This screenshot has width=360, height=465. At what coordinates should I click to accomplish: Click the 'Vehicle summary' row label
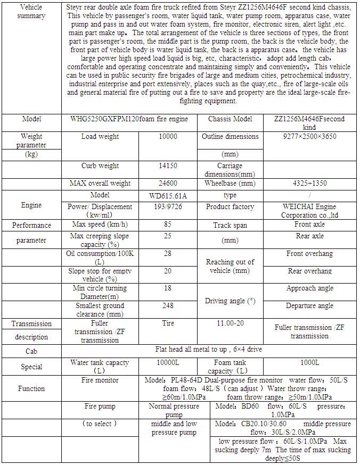31,12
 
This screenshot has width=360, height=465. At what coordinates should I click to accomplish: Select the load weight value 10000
168,137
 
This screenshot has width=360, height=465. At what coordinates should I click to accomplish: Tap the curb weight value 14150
168,166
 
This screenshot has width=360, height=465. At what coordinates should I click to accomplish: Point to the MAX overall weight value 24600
168,184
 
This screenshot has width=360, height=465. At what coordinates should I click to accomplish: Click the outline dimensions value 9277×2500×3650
310,137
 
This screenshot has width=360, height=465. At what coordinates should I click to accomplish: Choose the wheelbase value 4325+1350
310,184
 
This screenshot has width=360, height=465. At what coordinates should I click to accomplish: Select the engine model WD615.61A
168,196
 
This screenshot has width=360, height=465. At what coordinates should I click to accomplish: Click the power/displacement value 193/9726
168,207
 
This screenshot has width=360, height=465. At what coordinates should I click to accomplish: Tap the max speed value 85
168,225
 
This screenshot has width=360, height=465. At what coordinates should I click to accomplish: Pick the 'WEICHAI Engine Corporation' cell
310,211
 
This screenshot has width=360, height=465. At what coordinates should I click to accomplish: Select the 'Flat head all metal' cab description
209,350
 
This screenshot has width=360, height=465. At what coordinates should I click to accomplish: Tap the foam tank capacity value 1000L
310,363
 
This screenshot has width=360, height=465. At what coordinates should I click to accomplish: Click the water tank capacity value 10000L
168,363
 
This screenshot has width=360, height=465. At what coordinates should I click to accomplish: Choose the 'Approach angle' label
310,288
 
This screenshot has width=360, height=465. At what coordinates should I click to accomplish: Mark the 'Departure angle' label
310,306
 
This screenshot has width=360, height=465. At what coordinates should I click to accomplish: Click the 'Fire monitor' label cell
100,380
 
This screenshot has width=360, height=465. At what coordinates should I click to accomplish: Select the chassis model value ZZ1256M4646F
310,123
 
